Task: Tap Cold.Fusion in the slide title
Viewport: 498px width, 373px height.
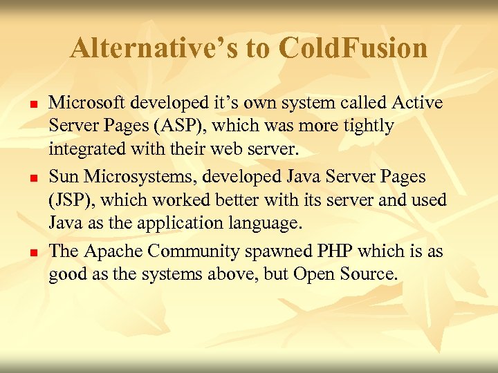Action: click(353, 48)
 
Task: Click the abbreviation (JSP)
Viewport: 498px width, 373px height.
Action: click(73, 200)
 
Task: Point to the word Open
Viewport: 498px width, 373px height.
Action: click(313, 274)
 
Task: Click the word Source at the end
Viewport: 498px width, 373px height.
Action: click(369, 274)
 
